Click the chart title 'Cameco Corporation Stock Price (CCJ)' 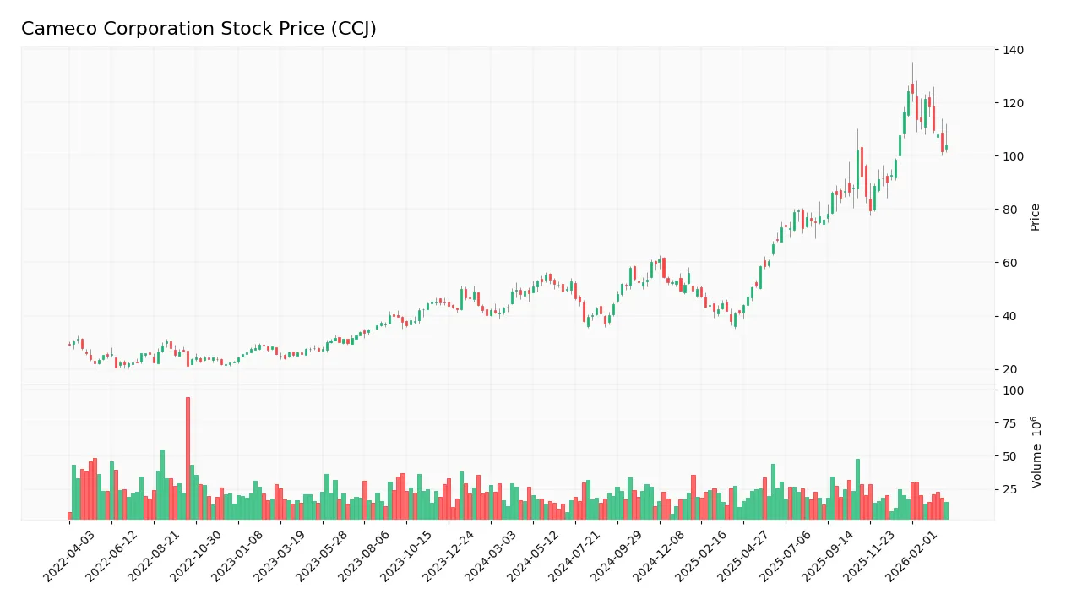[x=199, y=29]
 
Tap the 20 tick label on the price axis [x=1009, y=369]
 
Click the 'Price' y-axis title [x=1035, y=217]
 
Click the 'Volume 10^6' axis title [x=1036, y=452]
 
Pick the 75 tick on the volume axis [x=1009, y=423]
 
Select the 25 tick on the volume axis [x=1009, y=489]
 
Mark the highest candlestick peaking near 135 [x=912, y=88]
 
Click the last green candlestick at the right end [x=946, y=148]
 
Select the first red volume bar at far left [x=70, y=515]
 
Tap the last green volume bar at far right [x=946, y=510]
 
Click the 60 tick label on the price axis [x=1009, y=263]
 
